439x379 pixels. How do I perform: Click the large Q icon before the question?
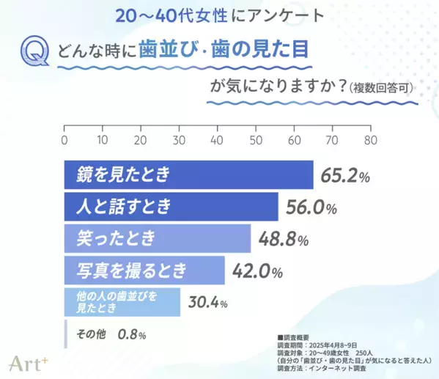coord(36,52)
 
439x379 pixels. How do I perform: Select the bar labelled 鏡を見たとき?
coord(188,174)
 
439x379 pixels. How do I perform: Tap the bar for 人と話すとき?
coord(171,207)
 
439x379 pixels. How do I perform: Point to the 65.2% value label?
coord(344,175)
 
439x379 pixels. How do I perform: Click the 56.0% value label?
coord(309,207)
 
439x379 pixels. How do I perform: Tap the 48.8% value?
coord(282,240)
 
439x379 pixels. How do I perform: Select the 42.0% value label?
coord(257,272)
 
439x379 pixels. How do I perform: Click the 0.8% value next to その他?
coord(132,334)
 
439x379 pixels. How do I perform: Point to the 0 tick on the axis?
coord(64,139)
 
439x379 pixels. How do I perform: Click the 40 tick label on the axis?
coord(217,139)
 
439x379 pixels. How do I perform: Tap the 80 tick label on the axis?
coord(370,139)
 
